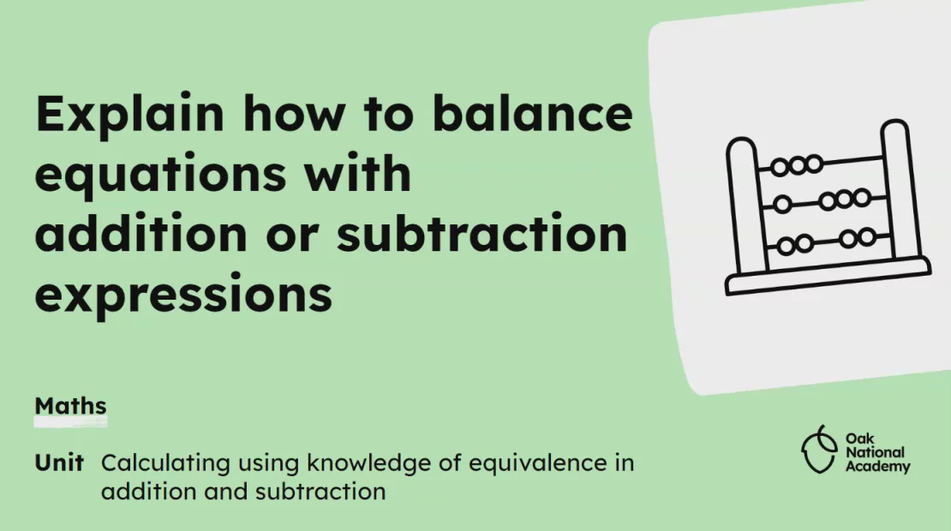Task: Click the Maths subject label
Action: coord(70,405)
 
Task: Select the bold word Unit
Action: coord(59,463)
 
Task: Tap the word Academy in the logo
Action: coord(877,467)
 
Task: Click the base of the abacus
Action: coord(828,277)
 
